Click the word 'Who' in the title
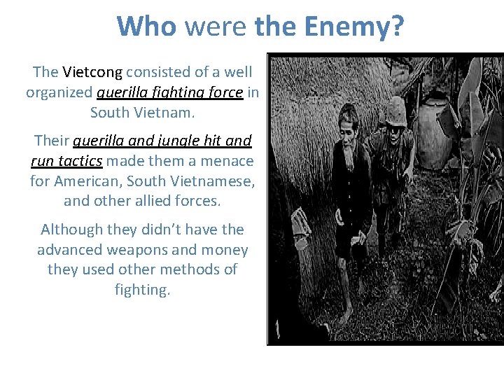148,27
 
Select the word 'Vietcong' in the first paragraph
92,72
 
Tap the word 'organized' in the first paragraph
59,92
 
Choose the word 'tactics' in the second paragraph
78,161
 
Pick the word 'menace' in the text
228,161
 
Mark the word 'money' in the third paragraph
225,249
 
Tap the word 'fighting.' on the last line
142,289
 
